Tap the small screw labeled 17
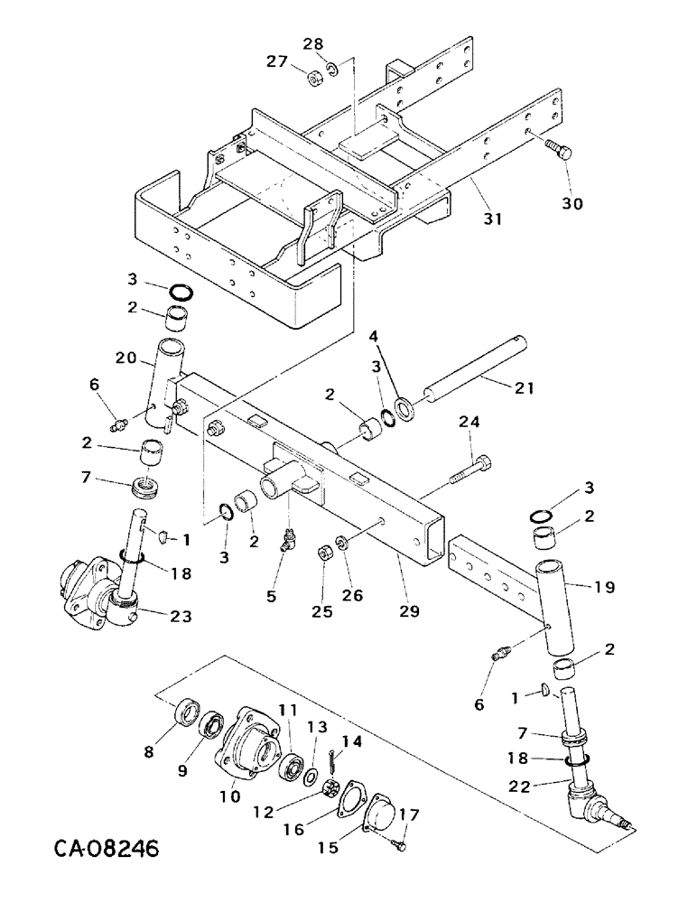(x=398, y=844)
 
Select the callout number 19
(x=604, y=586)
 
